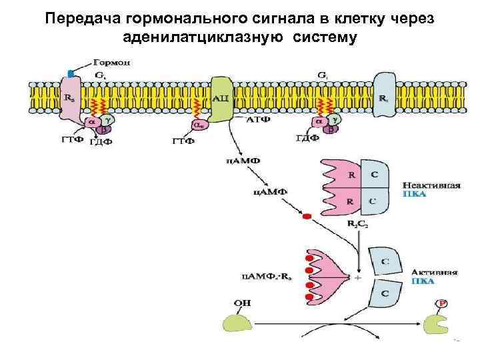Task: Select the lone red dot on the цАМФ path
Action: tap(307, 217)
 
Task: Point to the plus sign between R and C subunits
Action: tap(358, 277)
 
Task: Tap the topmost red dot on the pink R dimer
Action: tap(309, 258)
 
